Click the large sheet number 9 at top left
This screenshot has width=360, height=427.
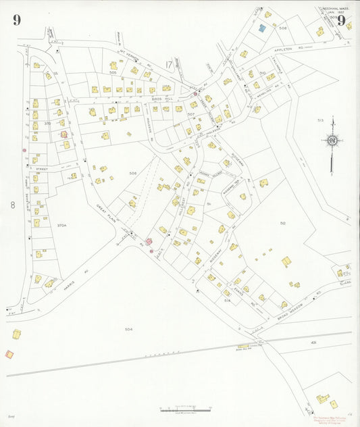[16, 20]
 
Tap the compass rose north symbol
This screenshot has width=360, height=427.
[332, 141]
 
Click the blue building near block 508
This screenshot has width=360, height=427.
[261, 28]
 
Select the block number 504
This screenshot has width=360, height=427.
[128, 329]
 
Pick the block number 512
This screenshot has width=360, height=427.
[283, 223]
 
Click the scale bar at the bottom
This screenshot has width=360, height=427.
[186, 409]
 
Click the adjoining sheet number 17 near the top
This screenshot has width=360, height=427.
[168, 65]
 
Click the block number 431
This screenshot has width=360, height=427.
[314, 343]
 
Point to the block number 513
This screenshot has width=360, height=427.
[320, 120]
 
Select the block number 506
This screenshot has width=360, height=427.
[133, 174]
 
